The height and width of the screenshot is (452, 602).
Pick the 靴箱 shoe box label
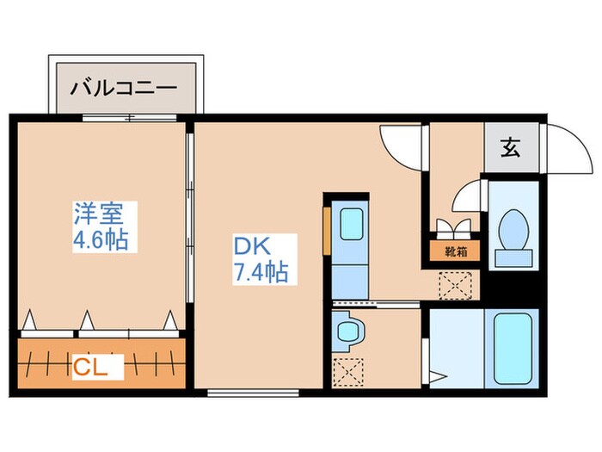(x=455, y=252)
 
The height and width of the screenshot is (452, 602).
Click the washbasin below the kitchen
(x=349, y=331)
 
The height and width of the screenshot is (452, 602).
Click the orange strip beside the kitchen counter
(x=327, y=231)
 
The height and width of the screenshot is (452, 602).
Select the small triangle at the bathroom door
(x=439, y=375)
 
